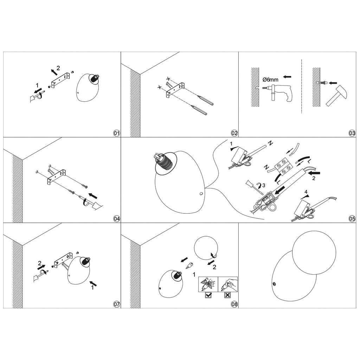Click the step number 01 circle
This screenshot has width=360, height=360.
[x=117, y=133]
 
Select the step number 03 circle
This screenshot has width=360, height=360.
[x=352, y=133]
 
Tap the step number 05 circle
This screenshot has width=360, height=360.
[x=352, y=219]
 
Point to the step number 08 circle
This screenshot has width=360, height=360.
[x=234, y=304]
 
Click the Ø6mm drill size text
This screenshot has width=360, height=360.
[x=270, y=80]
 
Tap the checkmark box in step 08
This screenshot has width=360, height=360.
[x=208, y=295]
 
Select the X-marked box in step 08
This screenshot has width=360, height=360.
[x=227, y=295]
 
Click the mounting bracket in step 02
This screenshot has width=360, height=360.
[x=175, y=90]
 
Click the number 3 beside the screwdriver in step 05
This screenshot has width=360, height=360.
[x=264, y=185]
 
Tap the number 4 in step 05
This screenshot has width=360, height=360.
[x=306, y=192]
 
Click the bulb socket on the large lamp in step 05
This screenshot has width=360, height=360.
[x=164, y=161]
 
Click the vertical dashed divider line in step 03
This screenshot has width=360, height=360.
[x=301, y=86]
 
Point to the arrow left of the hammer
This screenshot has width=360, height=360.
[x=333, y=83]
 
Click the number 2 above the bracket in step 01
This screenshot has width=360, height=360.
[x=58, y=68]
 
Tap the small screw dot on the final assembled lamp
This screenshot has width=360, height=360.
[x=274, y=284]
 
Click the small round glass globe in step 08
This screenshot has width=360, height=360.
[x=206, y=248]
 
